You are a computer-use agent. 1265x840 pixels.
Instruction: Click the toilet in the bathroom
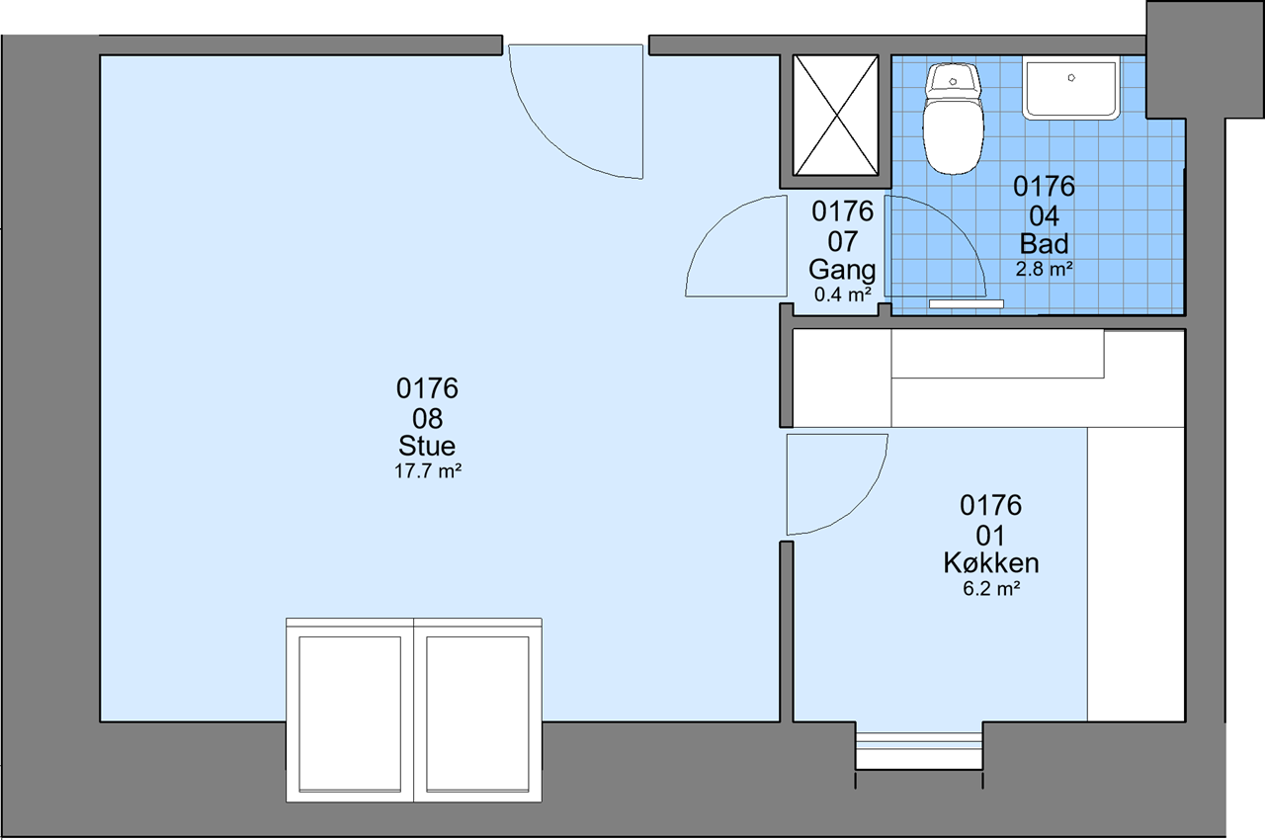click(954, 119)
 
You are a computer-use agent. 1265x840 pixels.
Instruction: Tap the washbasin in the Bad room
click(1070, 88)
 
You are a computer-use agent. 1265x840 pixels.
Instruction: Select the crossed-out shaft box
click(835, 116)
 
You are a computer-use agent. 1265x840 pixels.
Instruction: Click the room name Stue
click(427, 446)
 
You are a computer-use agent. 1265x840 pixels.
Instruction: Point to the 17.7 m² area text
click(428, 470)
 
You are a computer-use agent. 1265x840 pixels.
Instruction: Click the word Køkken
click(991, 563)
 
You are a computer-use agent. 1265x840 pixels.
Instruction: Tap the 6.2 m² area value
click(991, 589)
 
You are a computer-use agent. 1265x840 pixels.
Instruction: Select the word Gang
click(842, 270)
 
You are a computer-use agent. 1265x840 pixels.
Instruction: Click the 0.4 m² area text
click(843, 294)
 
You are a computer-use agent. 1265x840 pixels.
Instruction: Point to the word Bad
click(1044, 244)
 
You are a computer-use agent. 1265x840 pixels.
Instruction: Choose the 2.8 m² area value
click(1045, 269)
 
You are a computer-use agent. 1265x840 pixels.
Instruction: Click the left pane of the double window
click(350, 714)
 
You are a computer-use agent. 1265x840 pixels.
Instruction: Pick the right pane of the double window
click(477, 714)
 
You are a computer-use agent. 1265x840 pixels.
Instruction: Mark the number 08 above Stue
click(428, 419)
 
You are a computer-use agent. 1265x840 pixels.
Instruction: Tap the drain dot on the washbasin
click(1071, 78)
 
